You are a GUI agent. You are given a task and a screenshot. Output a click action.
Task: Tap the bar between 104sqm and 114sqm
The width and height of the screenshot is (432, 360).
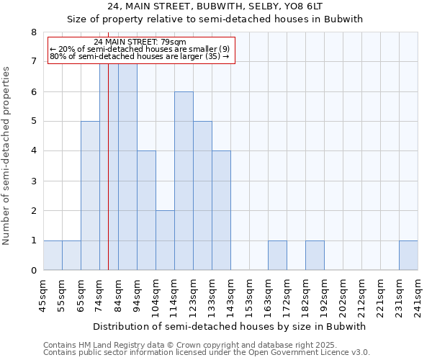tap(165, 240)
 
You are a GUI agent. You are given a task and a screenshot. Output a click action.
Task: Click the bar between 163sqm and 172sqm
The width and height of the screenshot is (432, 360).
tap(277, 256)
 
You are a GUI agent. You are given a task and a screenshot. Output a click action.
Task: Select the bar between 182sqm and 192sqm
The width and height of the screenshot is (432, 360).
tap(315, 256)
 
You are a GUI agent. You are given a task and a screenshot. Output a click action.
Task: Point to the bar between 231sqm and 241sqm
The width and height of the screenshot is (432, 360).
tap(408, 256)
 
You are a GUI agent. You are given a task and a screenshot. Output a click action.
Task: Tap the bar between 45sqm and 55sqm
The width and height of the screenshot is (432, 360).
tap(53, 256)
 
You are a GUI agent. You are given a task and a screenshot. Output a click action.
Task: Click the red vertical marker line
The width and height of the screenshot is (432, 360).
tap(108, 180)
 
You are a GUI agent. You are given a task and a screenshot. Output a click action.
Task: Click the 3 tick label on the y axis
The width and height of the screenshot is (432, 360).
tap(33, 181)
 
